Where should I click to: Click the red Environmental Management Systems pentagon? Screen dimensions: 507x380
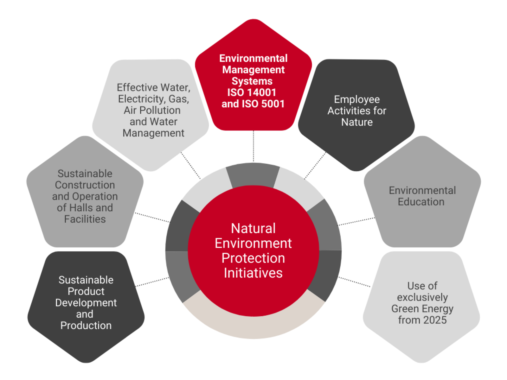tap(253, 76)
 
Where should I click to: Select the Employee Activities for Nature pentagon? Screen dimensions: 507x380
tap(356, 113)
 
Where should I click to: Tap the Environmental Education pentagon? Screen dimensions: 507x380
tap(422, 194)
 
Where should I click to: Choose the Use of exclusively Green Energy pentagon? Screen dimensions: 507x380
tap(421, 305)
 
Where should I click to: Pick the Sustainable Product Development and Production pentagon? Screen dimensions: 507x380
tap(86, 305)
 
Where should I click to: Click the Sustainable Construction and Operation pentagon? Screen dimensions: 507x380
tap(85, 194)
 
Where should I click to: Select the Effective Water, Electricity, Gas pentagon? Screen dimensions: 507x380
tap(151, 113)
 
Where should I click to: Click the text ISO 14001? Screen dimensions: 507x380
tap(252, 92)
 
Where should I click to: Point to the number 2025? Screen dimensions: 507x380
tap(434, 320)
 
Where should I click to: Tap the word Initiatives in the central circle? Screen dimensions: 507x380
tap(253, 273)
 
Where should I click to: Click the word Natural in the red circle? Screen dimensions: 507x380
tap(253, 228)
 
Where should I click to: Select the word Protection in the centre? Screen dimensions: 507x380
tap(253, 258)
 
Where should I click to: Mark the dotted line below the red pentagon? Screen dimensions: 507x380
tap(253, 146)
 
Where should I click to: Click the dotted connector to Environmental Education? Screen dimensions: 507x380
tap(356, 221)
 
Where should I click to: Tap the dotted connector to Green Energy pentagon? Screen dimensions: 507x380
tap(354, 282)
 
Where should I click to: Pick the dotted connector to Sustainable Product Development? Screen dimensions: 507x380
tap(152, 282)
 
